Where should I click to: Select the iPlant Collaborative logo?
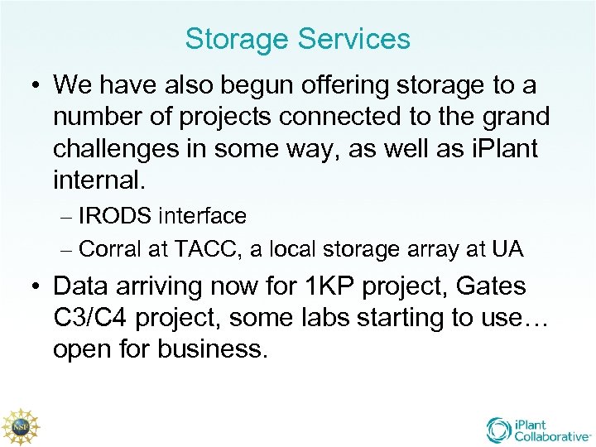[538, 430]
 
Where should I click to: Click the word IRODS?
[113, 216]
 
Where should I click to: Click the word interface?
[203, 216]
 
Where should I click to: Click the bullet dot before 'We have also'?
[32, 85]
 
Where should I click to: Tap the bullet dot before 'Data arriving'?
[32, 287]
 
